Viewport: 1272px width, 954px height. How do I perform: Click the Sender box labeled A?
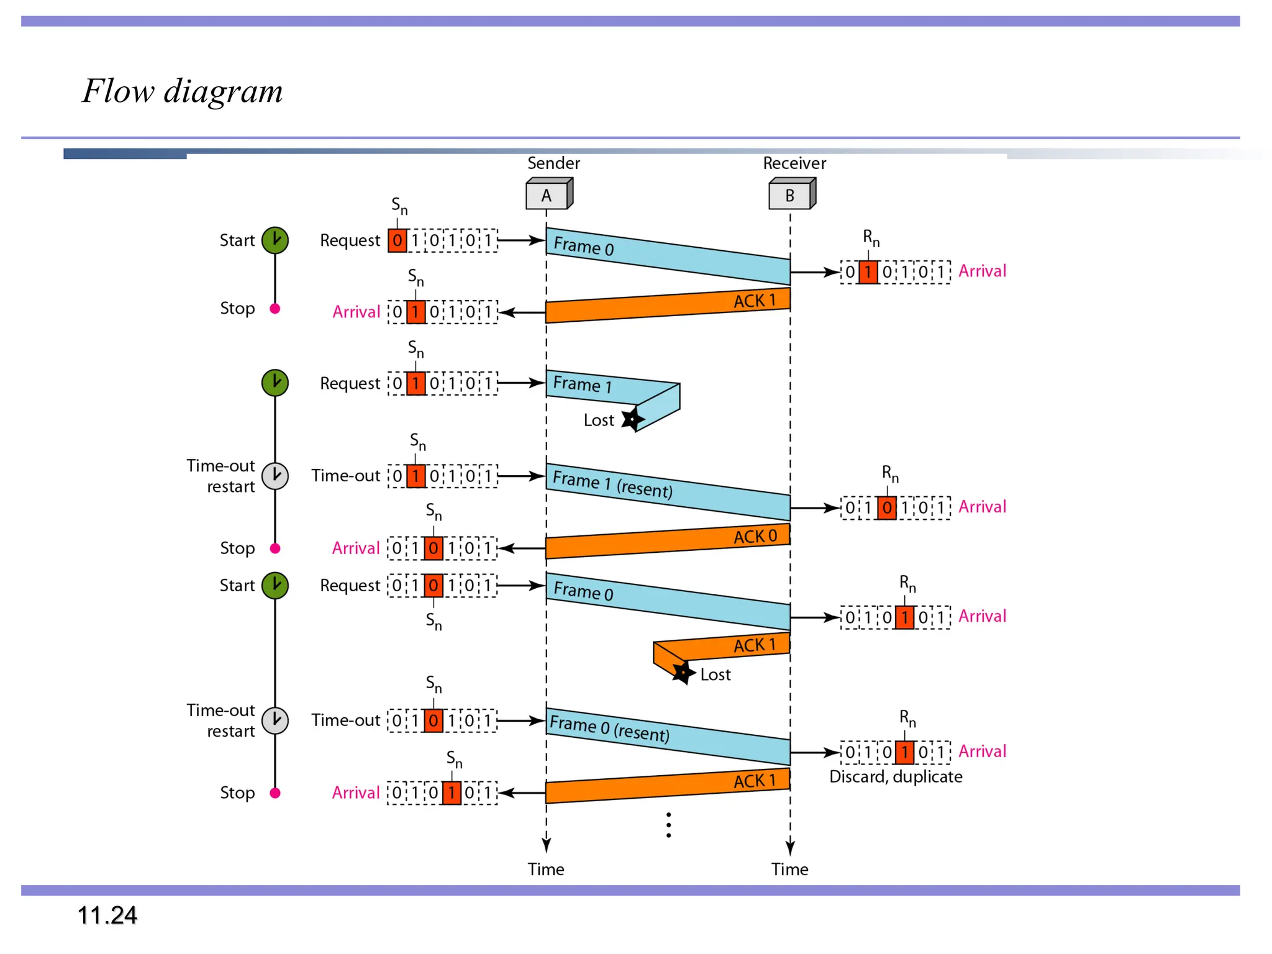(x=547, y=195)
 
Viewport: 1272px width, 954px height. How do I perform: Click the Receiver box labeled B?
(x=791, y=195)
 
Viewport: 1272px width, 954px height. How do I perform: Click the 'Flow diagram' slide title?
(x=183, y=91)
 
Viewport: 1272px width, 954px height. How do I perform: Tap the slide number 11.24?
(x=107, y=915)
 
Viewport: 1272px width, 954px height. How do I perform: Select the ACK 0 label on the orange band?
(x=755, y=536)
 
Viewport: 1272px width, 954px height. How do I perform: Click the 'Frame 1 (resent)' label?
(x=612, y=484)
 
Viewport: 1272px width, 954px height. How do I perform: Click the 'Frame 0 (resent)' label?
(x=609, y=729)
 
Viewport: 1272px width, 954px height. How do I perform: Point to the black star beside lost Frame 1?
(x=632, y=419)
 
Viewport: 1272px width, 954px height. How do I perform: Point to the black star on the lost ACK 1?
(x=683, y=672)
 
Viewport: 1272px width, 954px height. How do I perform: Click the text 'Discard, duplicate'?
(x=895, y=776)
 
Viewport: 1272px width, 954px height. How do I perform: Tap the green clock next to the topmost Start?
(x=275, y=240)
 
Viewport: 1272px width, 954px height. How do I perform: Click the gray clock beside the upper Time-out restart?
(x=275, y=476)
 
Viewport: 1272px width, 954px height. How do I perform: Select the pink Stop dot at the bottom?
(x=275, y=793)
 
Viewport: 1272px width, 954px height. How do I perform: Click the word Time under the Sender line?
(x=546, y=869)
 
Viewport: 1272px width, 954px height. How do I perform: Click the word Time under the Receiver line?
(x=789, y=869)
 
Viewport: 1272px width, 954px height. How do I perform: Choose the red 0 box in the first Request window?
(x=397, y=240)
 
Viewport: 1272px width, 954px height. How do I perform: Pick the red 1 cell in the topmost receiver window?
(x=868, y=272)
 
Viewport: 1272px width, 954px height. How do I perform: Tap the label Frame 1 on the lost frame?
(x=582, y=384)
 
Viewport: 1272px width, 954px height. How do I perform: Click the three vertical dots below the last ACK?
(x=668, y=825)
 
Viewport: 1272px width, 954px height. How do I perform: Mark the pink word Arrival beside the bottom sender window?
(x=355, y=793)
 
